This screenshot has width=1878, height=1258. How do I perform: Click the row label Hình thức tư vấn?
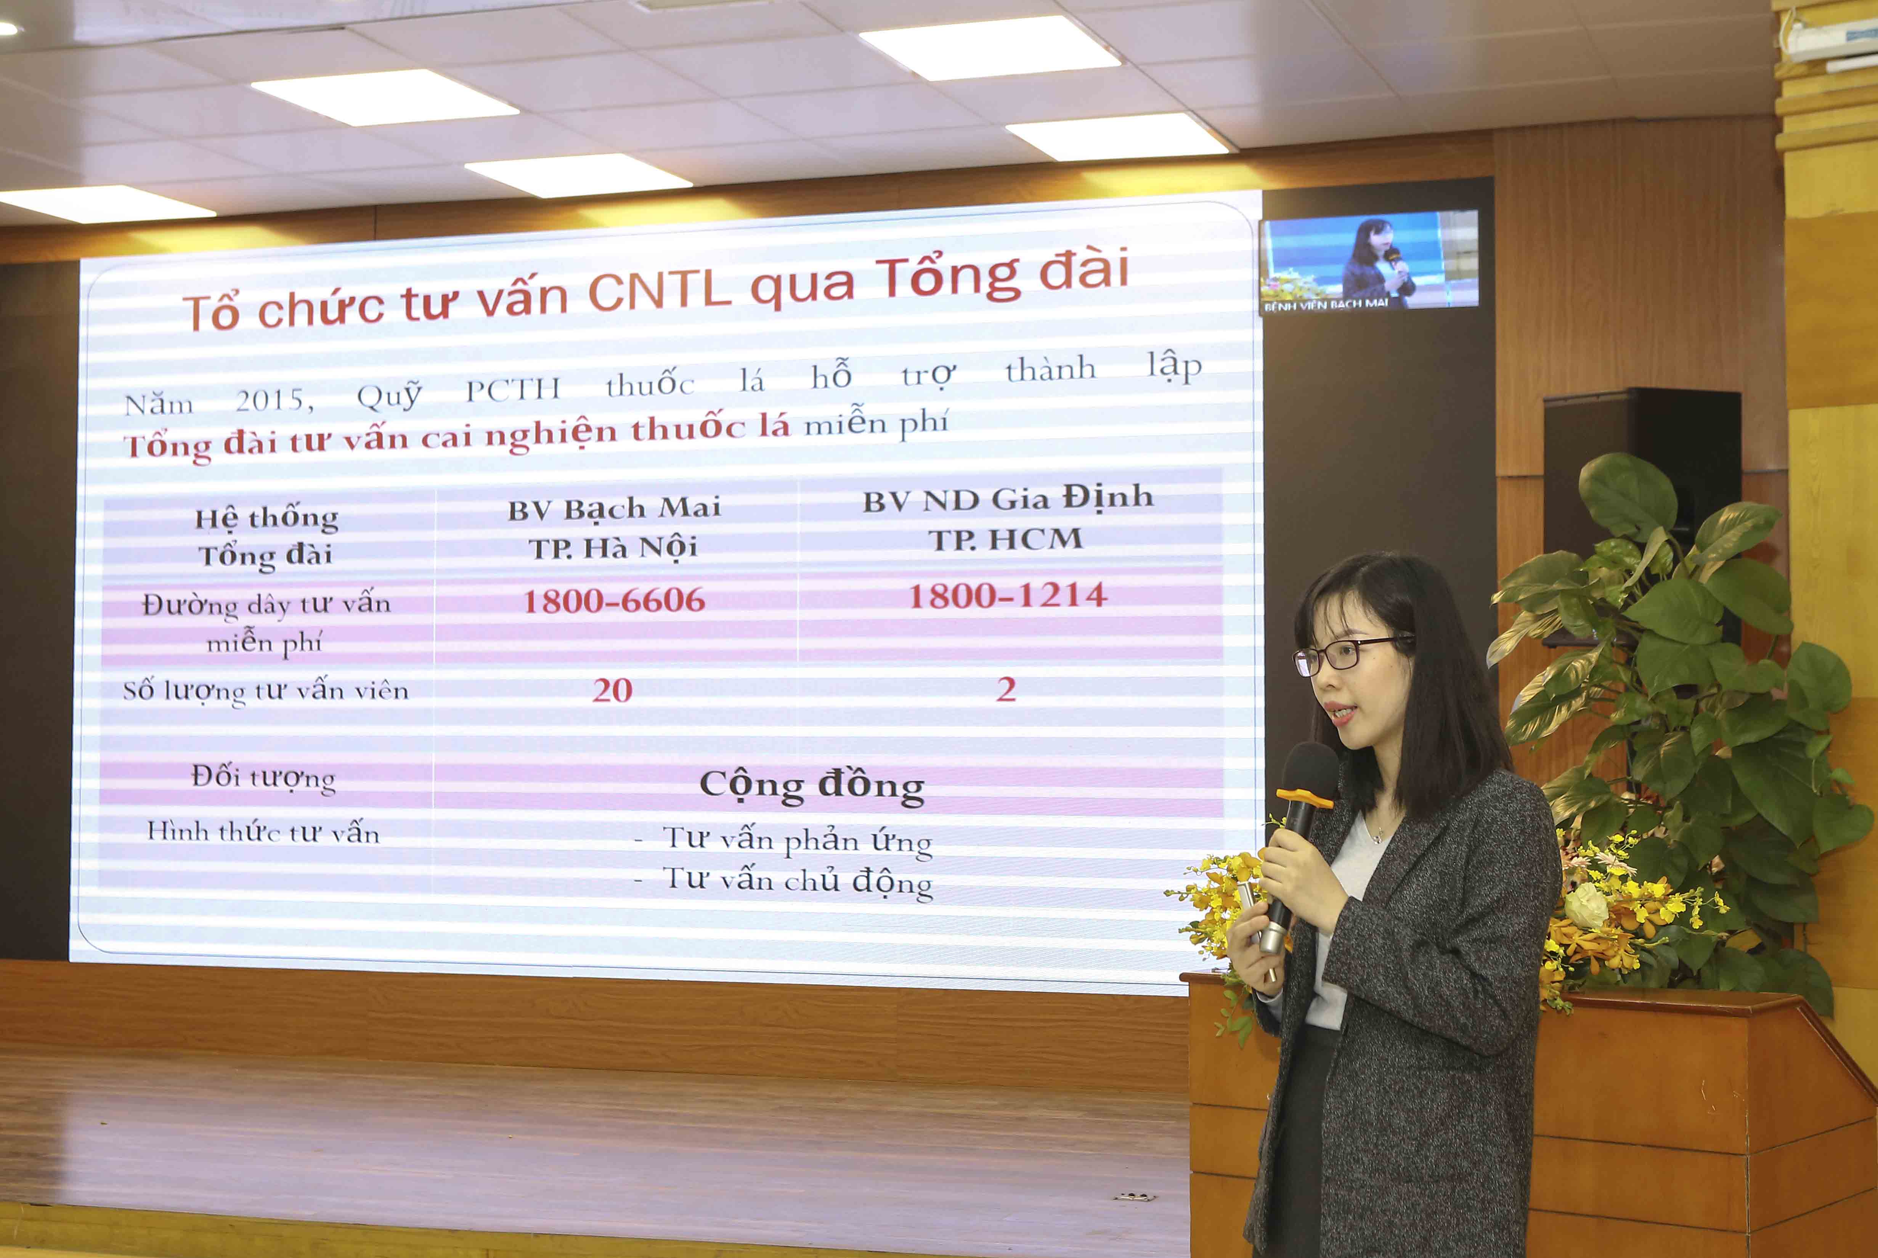(x=263, y=832)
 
